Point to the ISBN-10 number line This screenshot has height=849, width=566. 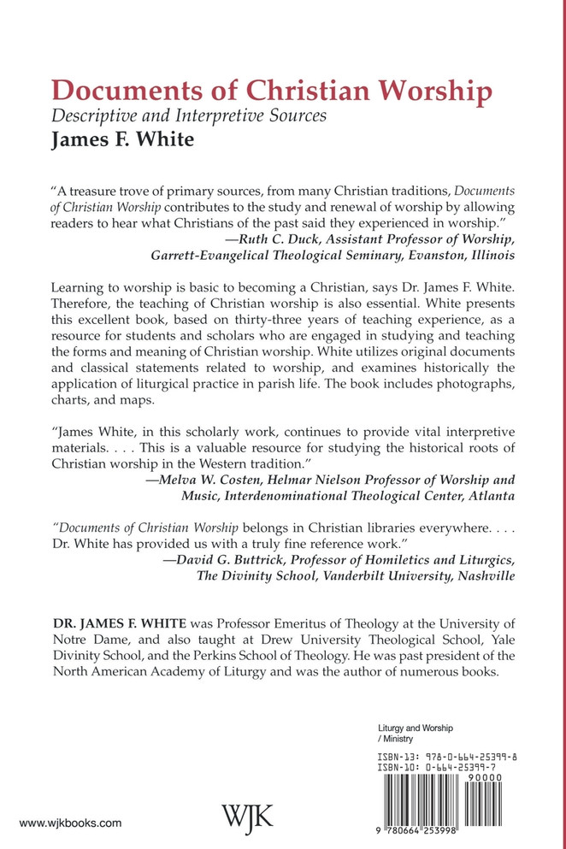(453, 769)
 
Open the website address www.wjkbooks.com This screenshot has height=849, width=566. (70, 823)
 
